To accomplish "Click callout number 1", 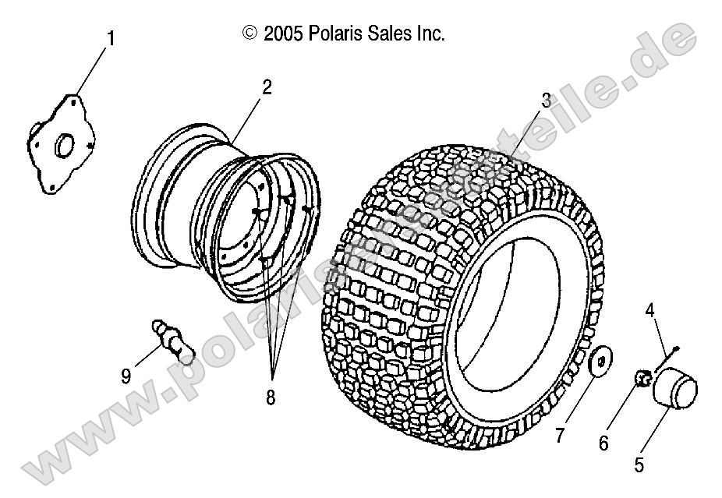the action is (110, 37).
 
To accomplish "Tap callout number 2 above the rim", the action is (267, 87).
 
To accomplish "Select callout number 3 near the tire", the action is (547, 100).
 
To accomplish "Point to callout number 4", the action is (649, 311).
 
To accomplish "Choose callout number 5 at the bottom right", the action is (639, 466).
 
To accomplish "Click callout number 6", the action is (603, 443).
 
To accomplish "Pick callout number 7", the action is (559, 436).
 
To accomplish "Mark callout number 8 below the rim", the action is (271, 397).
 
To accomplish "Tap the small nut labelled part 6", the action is (642, 378).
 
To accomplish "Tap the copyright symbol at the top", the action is (250, 33).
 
